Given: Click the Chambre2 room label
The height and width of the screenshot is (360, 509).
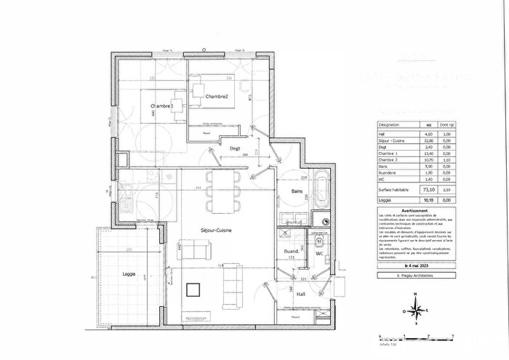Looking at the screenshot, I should click(x=217, y=97).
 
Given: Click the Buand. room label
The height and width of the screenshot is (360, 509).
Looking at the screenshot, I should click(x=293, y=251).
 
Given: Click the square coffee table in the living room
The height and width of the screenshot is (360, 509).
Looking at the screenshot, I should click(x=193, y=290).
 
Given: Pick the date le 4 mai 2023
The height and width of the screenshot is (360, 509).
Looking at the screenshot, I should click(x=412, y=268).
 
